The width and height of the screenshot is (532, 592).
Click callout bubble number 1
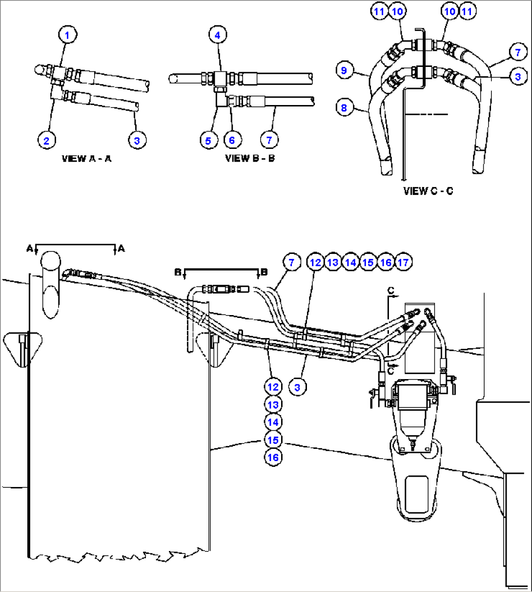coord(67,35)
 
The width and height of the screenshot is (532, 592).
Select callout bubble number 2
coord(46,141)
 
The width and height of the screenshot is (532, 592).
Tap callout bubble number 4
coord(218,35)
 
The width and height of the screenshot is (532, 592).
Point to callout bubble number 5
coord(208,140)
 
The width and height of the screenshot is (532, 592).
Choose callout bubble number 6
coord(232,140)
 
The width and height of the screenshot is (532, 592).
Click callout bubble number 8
coord(344,107)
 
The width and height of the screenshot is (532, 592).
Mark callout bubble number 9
coord(344,70)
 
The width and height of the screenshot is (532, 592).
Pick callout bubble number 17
coord(403,262)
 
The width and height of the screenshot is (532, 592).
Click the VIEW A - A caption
coord(86,159)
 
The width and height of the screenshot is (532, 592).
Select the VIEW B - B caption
coord(250,159)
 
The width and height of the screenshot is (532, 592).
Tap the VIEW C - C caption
coord(428,191)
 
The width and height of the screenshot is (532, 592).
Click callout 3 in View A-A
coord(137,141)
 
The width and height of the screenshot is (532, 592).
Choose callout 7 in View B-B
coord(269,140)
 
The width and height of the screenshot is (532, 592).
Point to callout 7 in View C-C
coord(518,52)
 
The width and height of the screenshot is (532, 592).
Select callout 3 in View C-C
coord(518,76)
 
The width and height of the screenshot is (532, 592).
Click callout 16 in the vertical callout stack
coord(273,457)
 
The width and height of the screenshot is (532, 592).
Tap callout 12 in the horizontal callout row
coord(316,262)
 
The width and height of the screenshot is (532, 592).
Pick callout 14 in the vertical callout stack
coord(273,422)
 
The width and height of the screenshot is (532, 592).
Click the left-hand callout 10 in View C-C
coord(397,11)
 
